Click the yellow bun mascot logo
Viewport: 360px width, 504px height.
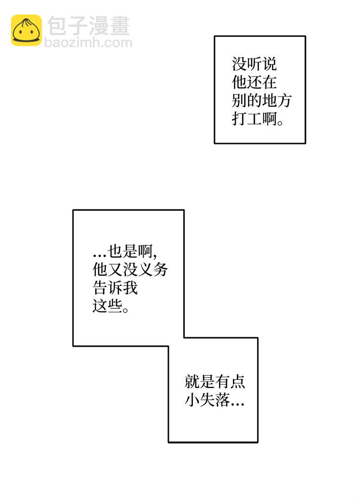(26, 30)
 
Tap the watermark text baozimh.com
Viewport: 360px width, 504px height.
(89, 42)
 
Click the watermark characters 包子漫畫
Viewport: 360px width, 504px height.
(89, 26)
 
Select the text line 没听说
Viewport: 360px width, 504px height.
(254, 64)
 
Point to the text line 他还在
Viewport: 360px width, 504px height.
(254, 82)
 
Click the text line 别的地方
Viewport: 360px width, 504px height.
(262, 101)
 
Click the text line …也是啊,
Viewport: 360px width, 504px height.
(125, 251)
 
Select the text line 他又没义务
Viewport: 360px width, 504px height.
(130, 269)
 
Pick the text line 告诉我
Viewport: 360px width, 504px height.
(115, 287)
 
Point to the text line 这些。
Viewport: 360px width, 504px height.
(111, 306)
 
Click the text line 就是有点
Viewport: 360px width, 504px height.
(215, 382)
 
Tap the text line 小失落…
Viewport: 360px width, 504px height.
(215, 400)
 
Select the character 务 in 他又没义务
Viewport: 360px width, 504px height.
(161, 269)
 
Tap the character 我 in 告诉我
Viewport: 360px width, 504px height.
(130, 287)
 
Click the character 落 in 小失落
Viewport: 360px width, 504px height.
(222, 400)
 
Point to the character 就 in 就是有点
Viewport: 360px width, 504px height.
(192, 382)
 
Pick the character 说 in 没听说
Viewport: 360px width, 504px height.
(269, 64)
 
